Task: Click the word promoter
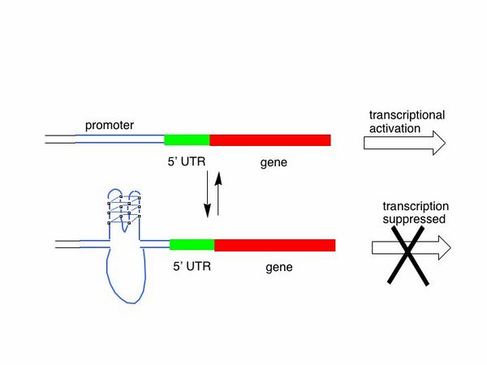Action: (110, 126)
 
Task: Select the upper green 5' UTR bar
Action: (187, 140)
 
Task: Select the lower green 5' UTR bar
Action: (192, 245)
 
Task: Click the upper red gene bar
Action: (270, 140)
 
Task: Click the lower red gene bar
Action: (275, 245)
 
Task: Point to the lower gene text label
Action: (279, 265)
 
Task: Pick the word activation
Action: (395, 127)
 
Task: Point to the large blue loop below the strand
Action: (126, 272)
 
